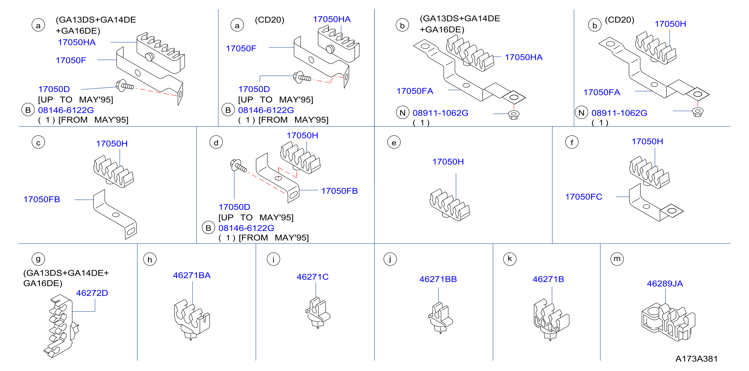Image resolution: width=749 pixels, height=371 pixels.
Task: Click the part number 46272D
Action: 92,293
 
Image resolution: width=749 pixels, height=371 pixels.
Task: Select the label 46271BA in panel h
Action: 192,275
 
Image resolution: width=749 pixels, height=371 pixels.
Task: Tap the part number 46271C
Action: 313,276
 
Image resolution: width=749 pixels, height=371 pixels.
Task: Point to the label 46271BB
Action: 438,279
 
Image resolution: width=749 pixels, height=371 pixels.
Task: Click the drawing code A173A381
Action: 696,358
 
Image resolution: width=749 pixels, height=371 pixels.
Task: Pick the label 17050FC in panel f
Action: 583,196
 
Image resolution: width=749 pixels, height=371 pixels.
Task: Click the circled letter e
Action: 394,142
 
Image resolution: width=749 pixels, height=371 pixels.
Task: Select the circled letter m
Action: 617,259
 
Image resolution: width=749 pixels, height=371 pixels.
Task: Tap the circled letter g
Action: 38,259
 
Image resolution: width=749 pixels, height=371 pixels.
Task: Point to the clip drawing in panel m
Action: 668,322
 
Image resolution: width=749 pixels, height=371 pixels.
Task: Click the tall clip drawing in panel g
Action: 61,326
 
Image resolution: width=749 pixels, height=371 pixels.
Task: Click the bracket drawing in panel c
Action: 115,214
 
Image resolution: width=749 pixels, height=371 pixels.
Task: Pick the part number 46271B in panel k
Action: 548,279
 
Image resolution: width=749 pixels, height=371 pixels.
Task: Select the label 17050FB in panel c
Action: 42,199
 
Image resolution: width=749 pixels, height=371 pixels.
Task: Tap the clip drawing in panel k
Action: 551,319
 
